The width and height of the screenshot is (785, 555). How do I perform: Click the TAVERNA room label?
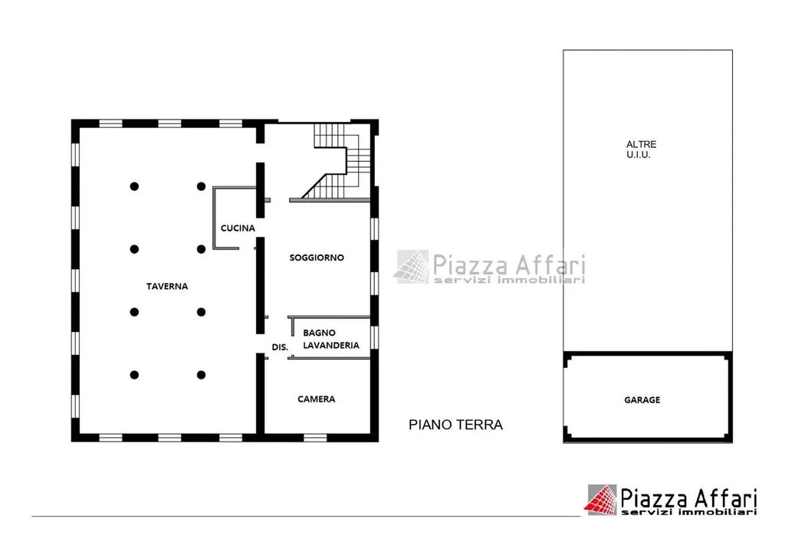(x=167, y=286)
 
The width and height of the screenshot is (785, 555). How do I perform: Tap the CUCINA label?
(x=238, y=228)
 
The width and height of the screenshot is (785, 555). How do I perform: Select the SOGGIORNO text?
(x=317, y=258)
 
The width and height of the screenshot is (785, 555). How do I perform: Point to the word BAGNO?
(x=319, y=333)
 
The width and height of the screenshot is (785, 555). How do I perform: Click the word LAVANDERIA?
(x=331, y=345)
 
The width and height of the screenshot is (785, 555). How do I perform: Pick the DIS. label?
(x=280, y=347)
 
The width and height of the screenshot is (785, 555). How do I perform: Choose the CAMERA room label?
(x=317, y=399)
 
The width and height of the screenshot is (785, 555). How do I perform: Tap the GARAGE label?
(x=642, y=400)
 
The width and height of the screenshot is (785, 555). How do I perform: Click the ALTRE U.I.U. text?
(x=641, y=149)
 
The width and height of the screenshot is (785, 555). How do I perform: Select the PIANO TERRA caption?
(x=455, y=425)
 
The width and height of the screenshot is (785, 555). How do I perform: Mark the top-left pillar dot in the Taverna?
(x=134, y=186)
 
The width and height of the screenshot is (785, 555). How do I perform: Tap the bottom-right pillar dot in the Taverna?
(x=202, y=375)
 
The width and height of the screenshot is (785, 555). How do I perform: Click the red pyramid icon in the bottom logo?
(x=601, y=500)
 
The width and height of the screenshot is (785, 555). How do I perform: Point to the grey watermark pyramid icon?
(x=412, y=267)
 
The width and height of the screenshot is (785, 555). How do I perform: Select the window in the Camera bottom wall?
(x=315, y=438)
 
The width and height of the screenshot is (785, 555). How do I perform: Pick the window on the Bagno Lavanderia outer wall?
(x=374, y=337)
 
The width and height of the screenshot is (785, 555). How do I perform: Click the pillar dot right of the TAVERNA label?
(x=202, y=312)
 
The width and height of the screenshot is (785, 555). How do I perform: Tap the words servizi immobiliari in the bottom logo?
(x=689, y=512)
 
